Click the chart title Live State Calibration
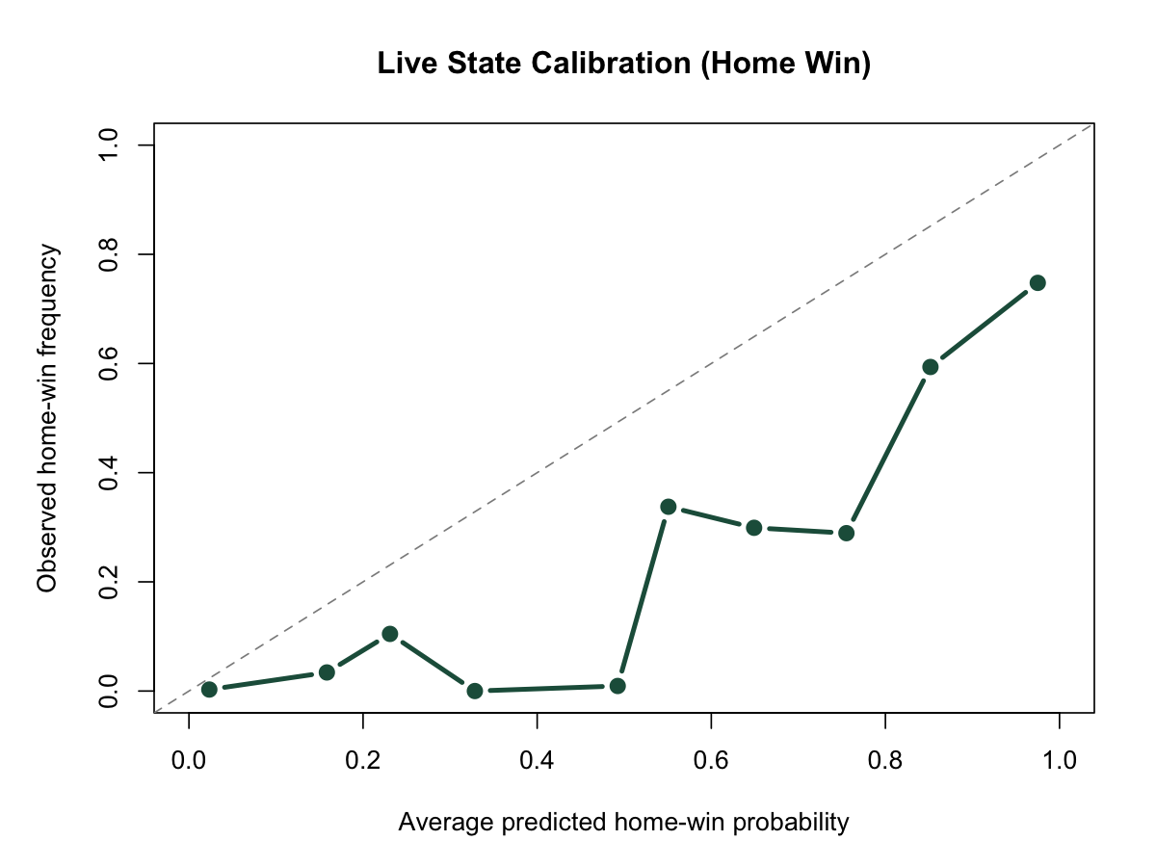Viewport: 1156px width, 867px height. coord(623,65)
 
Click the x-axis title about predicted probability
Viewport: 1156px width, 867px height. coord(623,823)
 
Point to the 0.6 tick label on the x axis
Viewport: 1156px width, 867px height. coord(711,758)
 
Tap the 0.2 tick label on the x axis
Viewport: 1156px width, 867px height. coord(362,758)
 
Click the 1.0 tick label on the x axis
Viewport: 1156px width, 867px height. coord(1059,758)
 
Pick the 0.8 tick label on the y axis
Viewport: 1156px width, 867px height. coord(108,254)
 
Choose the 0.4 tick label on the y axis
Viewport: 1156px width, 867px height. coord(108,473)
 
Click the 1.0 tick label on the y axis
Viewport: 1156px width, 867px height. coord(108,145)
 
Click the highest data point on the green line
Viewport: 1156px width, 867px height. coord(1038,283)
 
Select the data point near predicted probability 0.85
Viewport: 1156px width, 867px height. coord(930,367)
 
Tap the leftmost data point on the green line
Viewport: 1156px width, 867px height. coord(209,689)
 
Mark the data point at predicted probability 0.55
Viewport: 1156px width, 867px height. coord(669,507)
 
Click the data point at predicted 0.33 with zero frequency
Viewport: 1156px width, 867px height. coord(474,691)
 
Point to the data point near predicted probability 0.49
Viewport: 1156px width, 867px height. coord(617,686)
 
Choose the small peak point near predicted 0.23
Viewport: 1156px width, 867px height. coord(390,634)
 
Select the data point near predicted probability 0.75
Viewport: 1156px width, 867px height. coord(846,533)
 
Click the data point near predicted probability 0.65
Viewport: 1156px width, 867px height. coord(754,528)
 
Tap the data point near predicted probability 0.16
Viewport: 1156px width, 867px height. coord(327,672)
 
